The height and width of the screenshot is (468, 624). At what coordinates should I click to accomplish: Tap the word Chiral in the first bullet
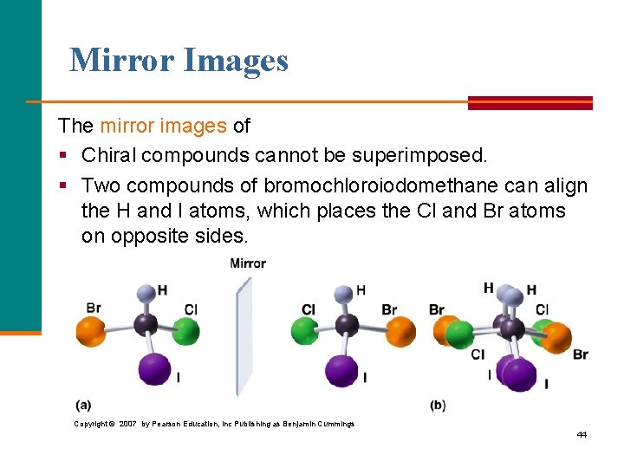pyautogui.click(x=108, y=155)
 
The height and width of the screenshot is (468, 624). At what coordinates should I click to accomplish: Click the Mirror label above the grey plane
pyautogui.click(x=248, y=263)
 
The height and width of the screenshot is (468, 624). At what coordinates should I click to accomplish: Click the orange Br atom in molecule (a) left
pyautogui.click(x=91, y=330)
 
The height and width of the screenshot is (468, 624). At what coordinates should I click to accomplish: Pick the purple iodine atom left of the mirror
pyautogui.click(x=154, y=367)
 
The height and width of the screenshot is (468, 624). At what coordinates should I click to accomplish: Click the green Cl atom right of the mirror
pyautogui.click(x=305, y=331)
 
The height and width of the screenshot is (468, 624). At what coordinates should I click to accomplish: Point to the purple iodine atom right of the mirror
pyautogui.click(x=341, y=368)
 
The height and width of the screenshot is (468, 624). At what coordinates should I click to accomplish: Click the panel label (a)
pyautogui.click(x=83, y=404)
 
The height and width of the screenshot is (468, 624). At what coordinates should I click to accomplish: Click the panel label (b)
pyautogui.click(x=438, y=404)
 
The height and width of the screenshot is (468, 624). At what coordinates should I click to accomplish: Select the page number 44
pyautogui.click(x=581, y=434)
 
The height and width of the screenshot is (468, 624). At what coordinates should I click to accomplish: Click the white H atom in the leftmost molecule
pyautogui.click(x=146, y=293)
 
